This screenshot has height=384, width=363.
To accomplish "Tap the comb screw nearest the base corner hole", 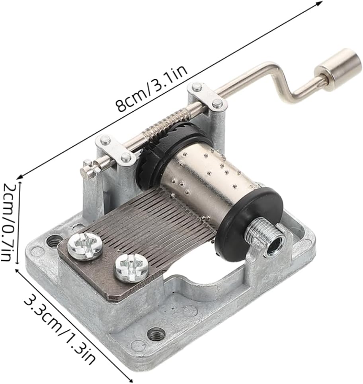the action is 85,246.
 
